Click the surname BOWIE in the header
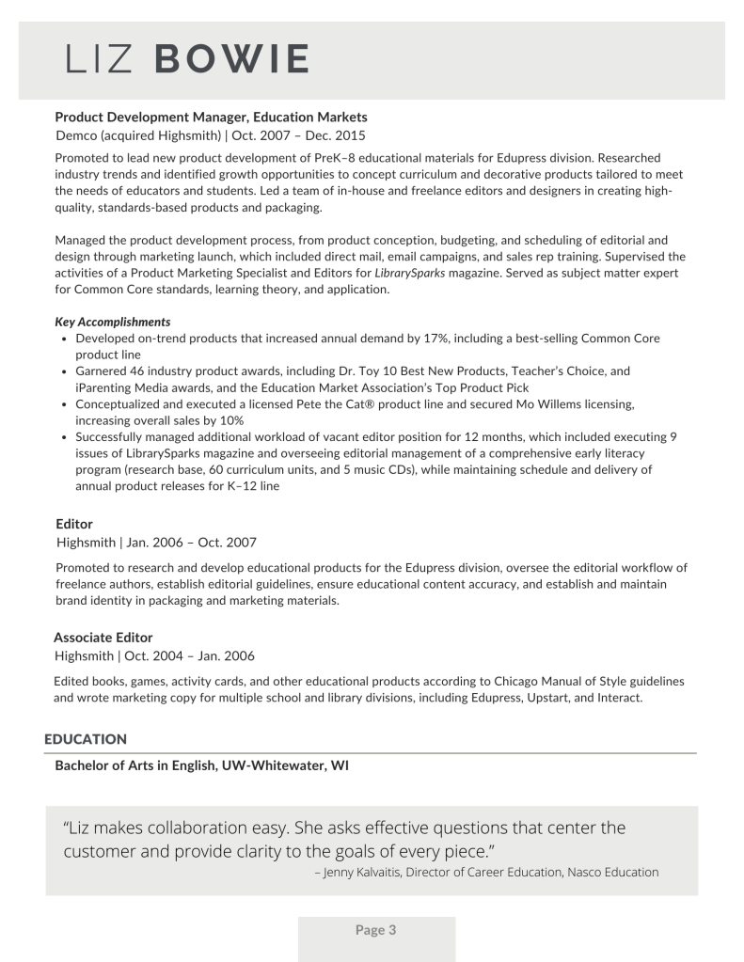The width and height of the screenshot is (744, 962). [x=229, y=59]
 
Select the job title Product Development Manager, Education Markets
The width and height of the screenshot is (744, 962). [x=211, y=117]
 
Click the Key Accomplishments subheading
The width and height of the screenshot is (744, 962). [x=113, y=322]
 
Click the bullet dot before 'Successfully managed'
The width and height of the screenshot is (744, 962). [x=63, y=437]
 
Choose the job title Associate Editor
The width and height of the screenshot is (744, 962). [x=103, y=638]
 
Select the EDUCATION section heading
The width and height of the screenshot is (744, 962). [x=86, y=740]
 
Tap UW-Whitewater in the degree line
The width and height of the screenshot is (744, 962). [x=272, y=765]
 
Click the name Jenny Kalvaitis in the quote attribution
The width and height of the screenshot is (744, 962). [x=363, y=873]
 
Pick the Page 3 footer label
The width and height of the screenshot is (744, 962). [x=376, y=930]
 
